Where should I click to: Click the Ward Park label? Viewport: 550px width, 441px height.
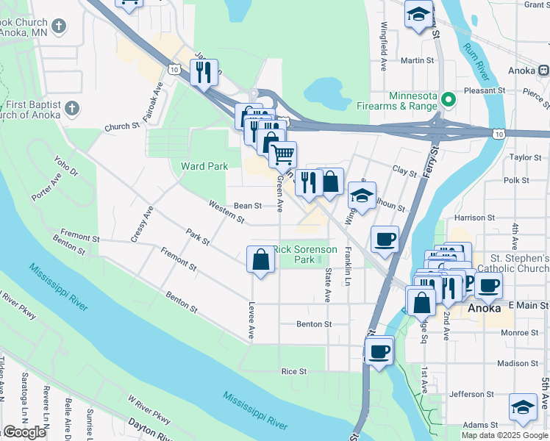(x=204, y=166)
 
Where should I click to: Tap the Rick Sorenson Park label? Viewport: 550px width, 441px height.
(x=305, y=254)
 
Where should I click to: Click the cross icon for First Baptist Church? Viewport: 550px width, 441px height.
(x=71, y=109)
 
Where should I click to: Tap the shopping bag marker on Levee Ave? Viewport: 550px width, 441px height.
(x=261, y=260)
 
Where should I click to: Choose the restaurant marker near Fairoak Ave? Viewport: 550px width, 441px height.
(x=202, y=73)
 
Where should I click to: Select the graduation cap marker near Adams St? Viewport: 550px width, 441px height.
(x=522, y=408)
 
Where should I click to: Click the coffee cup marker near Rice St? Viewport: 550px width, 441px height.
(x=379, y=353)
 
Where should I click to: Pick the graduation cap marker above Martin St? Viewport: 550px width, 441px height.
(x=418, y=14)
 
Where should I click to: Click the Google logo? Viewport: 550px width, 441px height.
(x=24, y=432)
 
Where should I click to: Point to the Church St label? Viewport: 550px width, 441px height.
(x=122, y=126)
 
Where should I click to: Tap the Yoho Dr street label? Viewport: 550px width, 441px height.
(x=65, y=166)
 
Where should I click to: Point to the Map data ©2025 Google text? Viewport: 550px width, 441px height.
(x=504, y=434)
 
